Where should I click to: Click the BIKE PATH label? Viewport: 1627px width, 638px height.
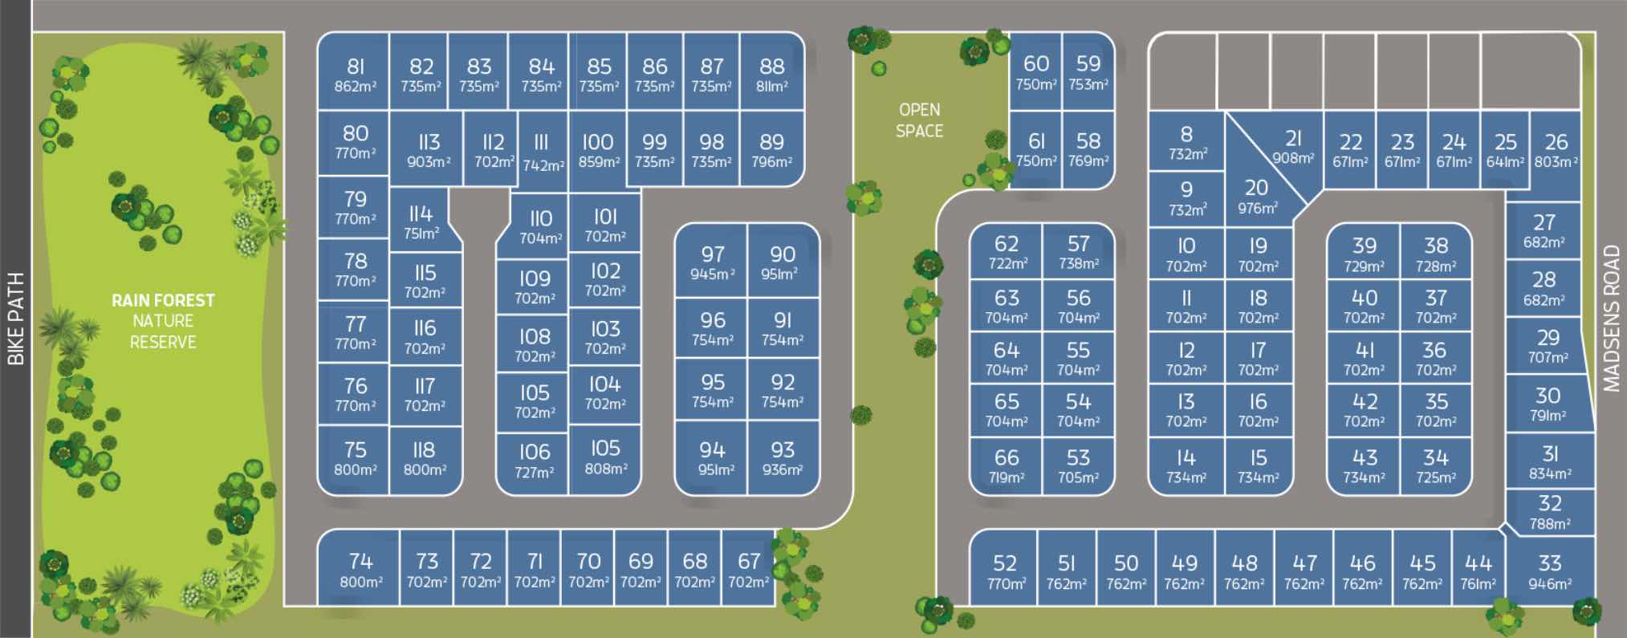pyautogui.click(x=15, y=319)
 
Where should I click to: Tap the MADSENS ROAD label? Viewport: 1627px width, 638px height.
pyautogui.click(x=1611, y=319)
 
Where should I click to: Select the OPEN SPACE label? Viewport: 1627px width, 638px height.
pyautogui.click(x=919, y=120)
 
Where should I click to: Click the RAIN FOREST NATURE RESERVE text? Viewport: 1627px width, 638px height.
pyautogui.click(x=163, y=321)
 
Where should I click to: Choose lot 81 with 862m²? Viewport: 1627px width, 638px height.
pyautogui.click(x=355, y=74)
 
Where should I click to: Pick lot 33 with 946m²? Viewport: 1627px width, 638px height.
pyautogui.click(x=1549, y=571)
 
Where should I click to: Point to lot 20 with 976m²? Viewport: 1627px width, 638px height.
pyautogui.click(x=1257, y=197)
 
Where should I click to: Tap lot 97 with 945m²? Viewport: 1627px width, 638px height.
pyautogui.click(x=712, y=262)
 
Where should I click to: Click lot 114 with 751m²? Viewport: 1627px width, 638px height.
pyautogui.click(x=421, y=221)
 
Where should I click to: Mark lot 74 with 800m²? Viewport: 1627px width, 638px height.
pyautogui.click(x=360, y=569)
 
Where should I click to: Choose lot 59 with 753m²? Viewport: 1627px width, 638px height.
pyautogui.click(x=1088, y=72)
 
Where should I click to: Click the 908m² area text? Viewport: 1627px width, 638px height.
pyautogui.click(x=1292, y=158)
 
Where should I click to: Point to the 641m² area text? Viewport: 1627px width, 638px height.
pyautogui.click(x=1505, y=161)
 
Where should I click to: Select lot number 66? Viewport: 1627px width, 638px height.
pyautogui.click(x=1006, y=457)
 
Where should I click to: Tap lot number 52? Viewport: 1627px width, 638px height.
pyautogui.click(x=1004, y=563)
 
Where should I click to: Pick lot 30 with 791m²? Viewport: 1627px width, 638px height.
pyautogui.click(x=1548, y=404)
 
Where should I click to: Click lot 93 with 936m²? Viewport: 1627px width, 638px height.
pyautogui.click(x=783, y=457)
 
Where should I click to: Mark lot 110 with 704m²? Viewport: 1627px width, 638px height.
pyautogui.click(x=540, y=226)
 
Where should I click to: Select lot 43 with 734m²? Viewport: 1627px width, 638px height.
pyautogui.click(x=1364, y=465)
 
